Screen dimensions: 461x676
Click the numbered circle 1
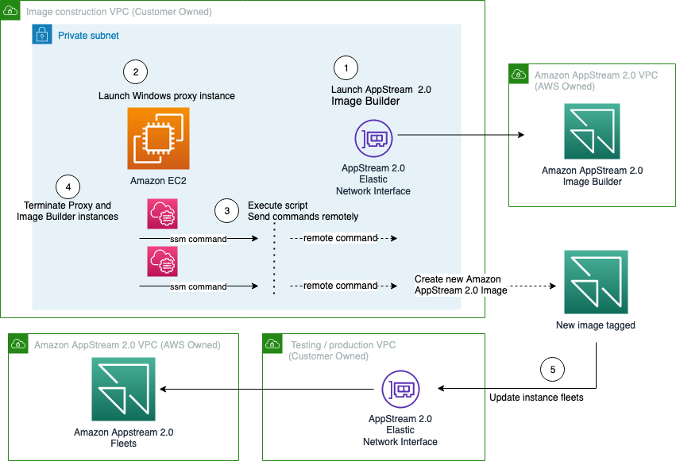pyautogui.click(x=345, y=67)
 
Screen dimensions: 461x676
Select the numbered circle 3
pyautogui.click(x=227, y=211)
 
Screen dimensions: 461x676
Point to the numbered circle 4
pyautogui.click(x=68, y=187)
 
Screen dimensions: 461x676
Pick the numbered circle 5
pyautogui.click(x=552, y=370)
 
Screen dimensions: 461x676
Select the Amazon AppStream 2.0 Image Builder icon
pyautogui.click(x=592, y=132)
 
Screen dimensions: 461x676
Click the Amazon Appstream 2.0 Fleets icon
pyautogui.click(x=123, y=389)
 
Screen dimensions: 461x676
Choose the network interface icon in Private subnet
pyautogui.click(x=373, y=140)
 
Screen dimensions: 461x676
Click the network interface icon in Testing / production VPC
pyautogui.click(x=400, y=389)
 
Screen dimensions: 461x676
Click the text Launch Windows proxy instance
pyautogui.click(x=166, y=96)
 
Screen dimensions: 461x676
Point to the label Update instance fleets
pyautogui.click(x=536, y=398)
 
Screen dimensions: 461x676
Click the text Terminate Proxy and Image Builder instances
pyautogui.click(x=68, y=211)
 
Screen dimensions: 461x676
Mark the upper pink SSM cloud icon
pyautogui.click(x=163, y=214)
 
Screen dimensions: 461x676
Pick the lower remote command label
pyautogui.click(x=340, y=286)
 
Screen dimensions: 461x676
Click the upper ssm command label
pyautogui.click(x=198, y=239)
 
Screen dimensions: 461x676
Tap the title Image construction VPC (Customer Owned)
pyautogui.click(x=119, y=13)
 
